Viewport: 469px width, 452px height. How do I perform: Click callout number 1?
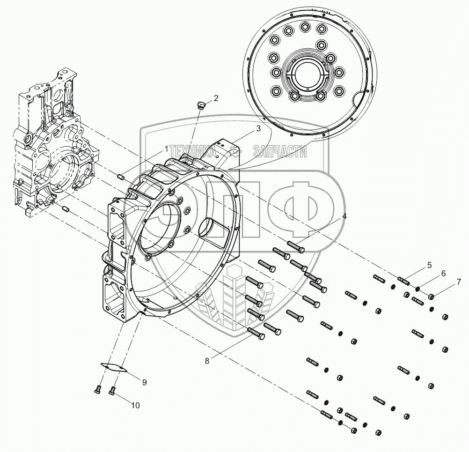(165, 149)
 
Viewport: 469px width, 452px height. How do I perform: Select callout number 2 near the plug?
(216, 98)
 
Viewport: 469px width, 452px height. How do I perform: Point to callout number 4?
(344, 216)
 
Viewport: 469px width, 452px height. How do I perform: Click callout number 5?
(429, 266)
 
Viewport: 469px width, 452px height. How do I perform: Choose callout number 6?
(443, 273)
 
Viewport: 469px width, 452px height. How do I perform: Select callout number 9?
(144, 382)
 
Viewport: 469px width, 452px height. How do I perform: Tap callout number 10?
(135, 406)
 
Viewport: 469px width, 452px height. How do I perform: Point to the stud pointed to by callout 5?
(403, 281)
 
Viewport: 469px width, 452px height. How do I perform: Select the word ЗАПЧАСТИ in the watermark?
(279, 151)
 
